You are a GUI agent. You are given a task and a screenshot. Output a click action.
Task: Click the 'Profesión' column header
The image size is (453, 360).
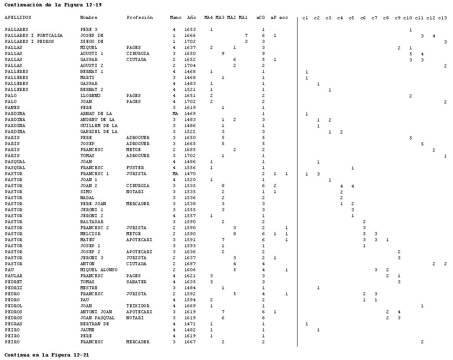click(x=140, y=18)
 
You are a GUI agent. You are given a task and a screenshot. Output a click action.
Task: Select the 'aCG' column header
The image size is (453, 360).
click(x=261, y=18)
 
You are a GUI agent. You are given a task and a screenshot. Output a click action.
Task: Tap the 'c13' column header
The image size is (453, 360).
click(x=442, y=18)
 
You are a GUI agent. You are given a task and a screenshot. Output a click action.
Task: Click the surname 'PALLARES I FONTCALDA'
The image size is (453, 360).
click(x=34, y=36)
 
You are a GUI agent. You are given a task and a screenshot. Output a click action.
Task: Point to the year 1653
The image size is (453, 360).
click(x=190, y=30)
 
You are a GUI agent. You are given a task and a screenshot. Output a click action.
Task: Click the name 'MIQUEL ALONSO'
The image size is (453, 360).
click(x=99, y=269)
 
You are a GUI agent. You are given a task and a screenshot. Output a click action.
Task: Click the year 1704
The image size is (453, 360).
click(x=190, y=66)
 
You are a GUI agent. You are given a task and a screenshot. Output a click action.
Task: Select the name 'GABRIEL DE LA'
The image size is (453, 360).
click(x=99, y=132)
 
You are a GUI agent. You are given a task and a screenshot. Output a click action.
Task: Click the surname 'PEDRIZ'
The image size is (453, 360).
click(x=14, y=288)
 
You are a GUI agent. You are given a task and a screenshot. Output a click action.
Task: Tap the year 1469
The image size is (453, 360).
click(x=190, y=114)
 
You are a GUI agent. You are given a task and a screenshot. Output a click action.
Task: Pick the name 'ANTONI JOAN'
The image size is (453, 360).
click(x=96, y=312)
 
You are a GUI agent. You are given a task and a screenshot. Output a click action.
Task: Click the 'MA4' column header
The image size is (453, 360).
click(x=209, y=18)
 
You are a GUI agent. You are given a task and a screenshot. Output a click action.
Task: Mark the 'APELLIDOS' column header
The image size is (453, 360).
click(x=18, y=18)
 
